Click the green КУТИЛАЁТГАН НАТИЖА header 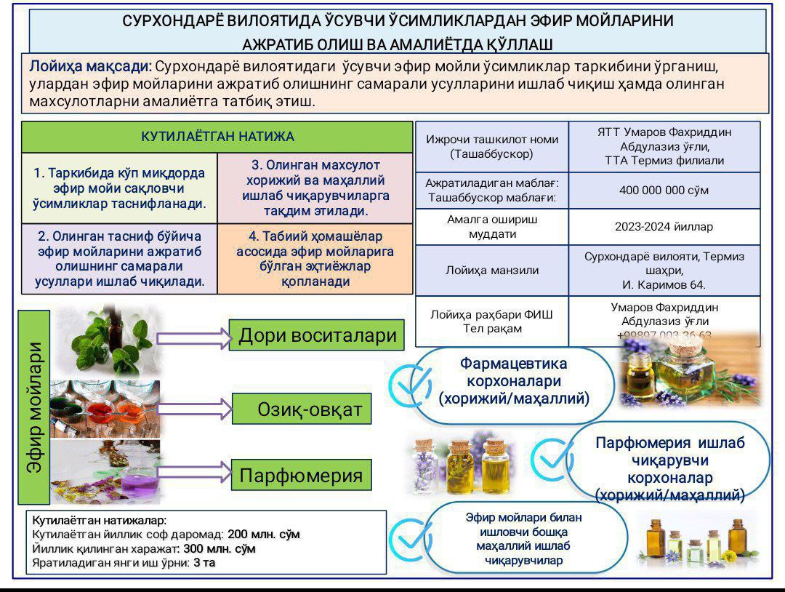pos(217,137)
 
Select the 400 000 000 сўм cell pos(664,191)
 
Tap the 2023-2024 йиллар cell pos(664,227)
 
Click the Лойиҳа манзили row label pos(492,271)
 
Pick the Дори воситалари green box pos(317,335)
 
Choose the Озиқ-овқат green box pos(302,409)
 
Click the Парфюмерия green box pos(301,476)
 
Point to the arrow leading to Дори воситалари pos(193,337)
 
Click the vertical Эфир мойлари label pos(35,407)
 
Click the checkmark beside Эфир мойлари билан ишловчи pos(409,537)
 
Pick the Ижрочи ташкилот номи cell pos(492,146)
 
